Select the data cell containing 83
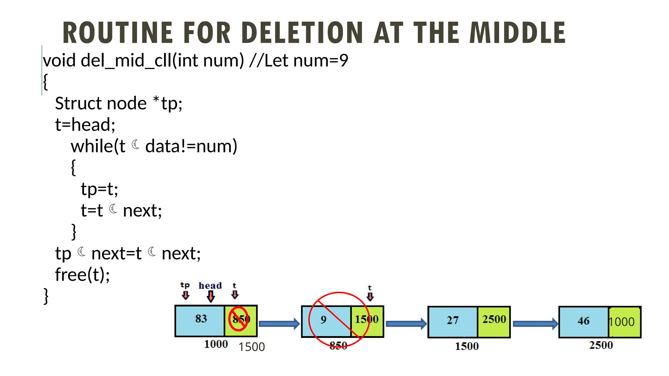pyautogui.click(x=200, y=320)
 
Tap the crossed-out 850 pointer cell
pyautogui.click(x=241, y=320)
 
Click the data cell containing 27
pyautogui.click(x=453, y=321)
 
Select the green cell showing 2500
pyautogui.click(x=494, y=321)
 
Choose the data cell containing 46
pyautogui.click(x=583, y=321)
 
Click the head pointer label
pyautogui.click(x=210, y=286)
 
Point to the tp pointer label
pyautogui.click(x=185, y=285)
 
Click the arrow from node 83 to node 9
pyautogui.click(x=279, y=323)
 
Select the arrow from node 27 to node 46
pyautogui.click(x=535, y=323)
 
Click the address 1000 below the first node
pyautogui.click(x=216, y=344)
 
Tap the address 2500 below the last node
pyautogui.click(x=601, y=345)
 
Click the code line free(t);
pyautogui.click(x=82, y=274)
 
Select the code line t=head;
pyautogui.click(x=85, y=125)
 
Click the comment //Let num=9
pyautogui.click(x=299, y=61)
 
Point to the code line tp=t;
pyautogui.click(x=99, y=189)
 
